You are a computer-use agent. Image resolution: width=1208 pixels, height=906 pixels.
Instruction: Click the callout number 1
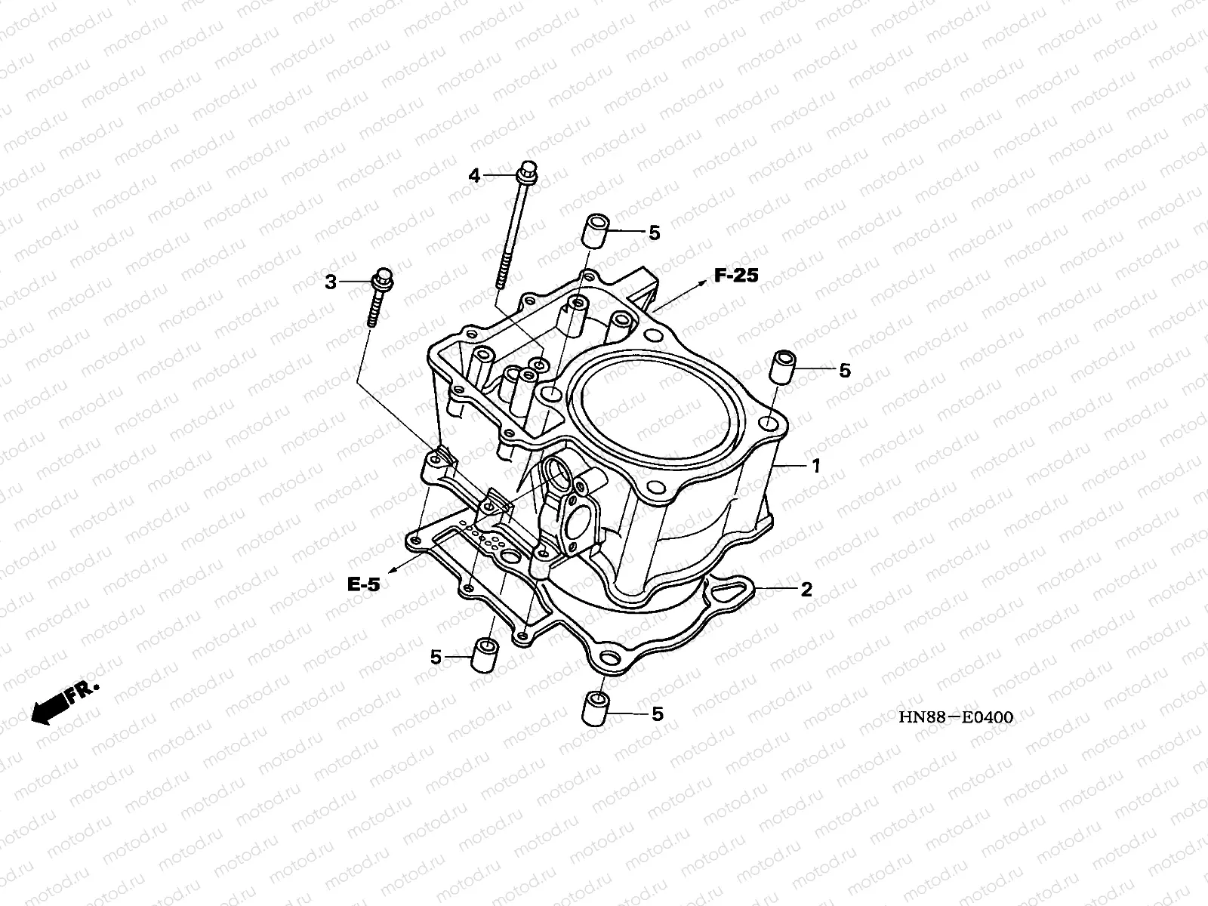(x=815, y=467)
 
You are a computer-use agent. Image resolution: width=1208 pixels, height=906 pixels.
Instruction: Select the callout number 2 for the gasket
(x=806, y=590)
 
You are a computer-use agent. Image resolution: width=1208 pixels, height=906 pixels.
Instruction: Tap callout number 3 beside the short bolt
(x=330, y=282)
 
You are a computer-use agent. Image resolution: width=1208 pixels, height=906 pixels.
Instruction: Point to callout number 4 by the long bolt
(x=474, y=176)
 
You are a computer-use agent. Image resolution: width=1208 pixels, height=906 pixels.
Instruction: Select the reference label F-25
(x=735, y=276)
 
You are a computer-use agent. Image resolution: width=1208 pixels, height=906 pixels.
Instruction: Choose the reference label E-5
(x=364, y=584)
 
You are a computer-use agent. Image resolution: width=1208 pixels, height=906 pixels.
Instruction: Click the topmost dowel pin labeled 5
(x=594, y=230)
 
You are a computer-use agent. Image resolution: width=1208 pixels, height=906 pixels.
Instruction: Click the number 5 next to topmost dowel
(x=654, y=233)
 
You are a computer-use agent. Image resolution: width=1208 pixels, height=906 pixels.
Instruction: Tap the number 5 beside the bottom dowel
(x=657, y=713)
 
